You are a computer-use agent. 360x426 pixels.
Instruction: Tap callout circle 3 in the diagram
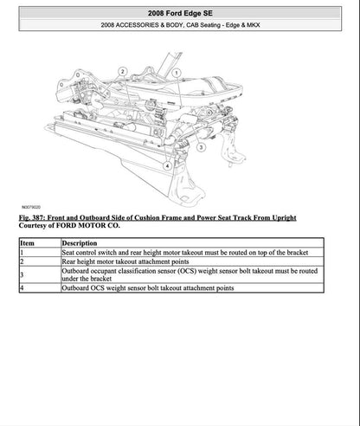pos(202,148)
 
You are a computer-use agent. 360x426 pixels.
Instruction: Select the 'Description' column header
pos(80,243)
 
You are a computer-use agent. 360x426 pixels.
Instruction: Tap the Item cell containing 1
pos(22,251)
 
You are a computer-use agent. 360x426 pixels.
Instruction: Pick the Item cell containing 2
pos(22,260)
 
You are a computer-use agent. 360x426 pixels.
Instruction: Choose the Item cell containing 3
pos(22,274)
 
